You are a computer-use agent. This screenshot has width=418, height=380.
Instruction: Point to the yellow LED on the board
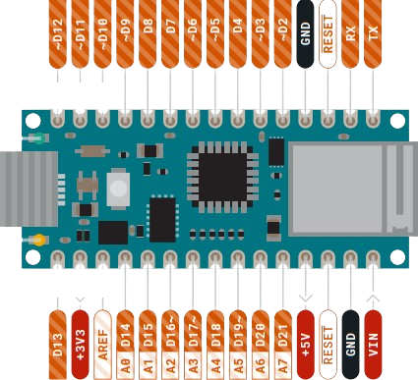38,240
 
